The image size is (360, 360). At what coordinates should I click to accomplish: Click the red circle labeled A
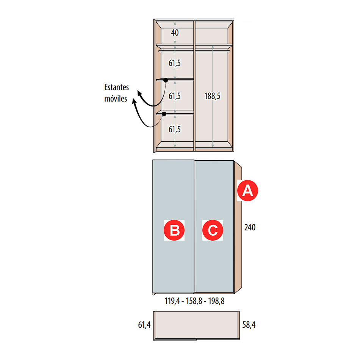(x=247, y=191)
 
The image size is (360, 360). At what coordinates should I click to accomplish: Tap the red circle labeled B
(x=174, y=230)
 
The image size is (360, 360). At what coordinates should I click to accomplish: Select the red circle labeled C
(x=213, y=230)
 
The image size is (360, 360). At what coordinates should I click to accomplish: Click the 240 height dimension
(x=250, y=227)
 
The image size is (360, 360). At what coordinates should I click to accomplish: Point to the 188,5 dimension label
(x=212, y=96)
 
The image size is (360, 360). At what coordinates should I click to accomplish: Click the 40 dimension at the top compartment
(x=175, y=33)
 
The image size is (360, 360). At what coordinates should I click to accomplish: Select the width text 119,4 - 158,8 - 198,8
(x=194, y=301)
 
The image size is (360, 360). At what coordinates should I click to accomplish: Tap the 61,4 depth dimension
(x=144, y=325)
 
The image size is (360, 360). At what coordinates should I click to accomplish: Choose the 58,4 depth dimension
(x=249, y=325)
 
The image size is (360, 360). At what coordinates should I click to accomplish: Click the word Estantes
(x=117, y=87)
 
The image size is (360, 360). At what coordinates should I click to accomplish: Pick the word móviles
(x=116, y=99)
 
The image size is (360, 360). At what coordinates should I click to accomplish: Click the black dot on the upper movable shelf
(x=166, y=80)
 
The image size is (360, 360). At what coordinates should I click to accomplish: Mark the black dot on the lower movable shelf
(x=164, y=114)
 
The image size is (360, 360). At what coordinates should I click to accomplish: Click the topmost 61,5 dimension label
(x=174, y=63)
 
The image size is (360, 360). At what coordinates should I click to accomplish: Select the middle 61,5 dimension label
(x=174, y=96)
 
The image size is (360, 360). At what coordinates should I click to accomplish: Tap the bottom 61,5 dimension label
(x=174, y=129)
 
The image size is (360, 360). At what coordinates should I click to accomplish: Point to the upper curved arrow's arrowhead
(x=139, y=93)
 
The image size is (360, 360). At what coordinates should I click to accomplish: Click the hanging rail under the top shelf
(x=194, y=51)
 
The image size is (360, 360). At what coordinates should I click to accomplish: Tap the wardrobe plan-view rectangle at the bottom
(x=197, y=325)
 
